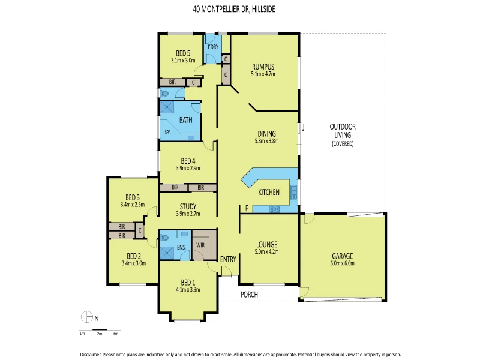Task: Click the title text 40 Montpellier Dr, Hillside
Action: tap(239, 10)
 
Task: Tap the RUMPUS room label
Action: tap(262, 67)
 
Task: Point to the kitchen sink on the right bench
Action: tap(294, 193)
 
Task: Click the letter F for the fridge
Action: tap(246, 208)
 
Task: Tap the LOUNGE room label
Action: tap(266, 244)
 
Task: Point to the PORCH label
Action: tap(249, 294)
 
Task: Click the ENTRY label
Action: tap(228, 259)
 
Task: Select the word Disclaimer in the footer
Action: tap(92, 354)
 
